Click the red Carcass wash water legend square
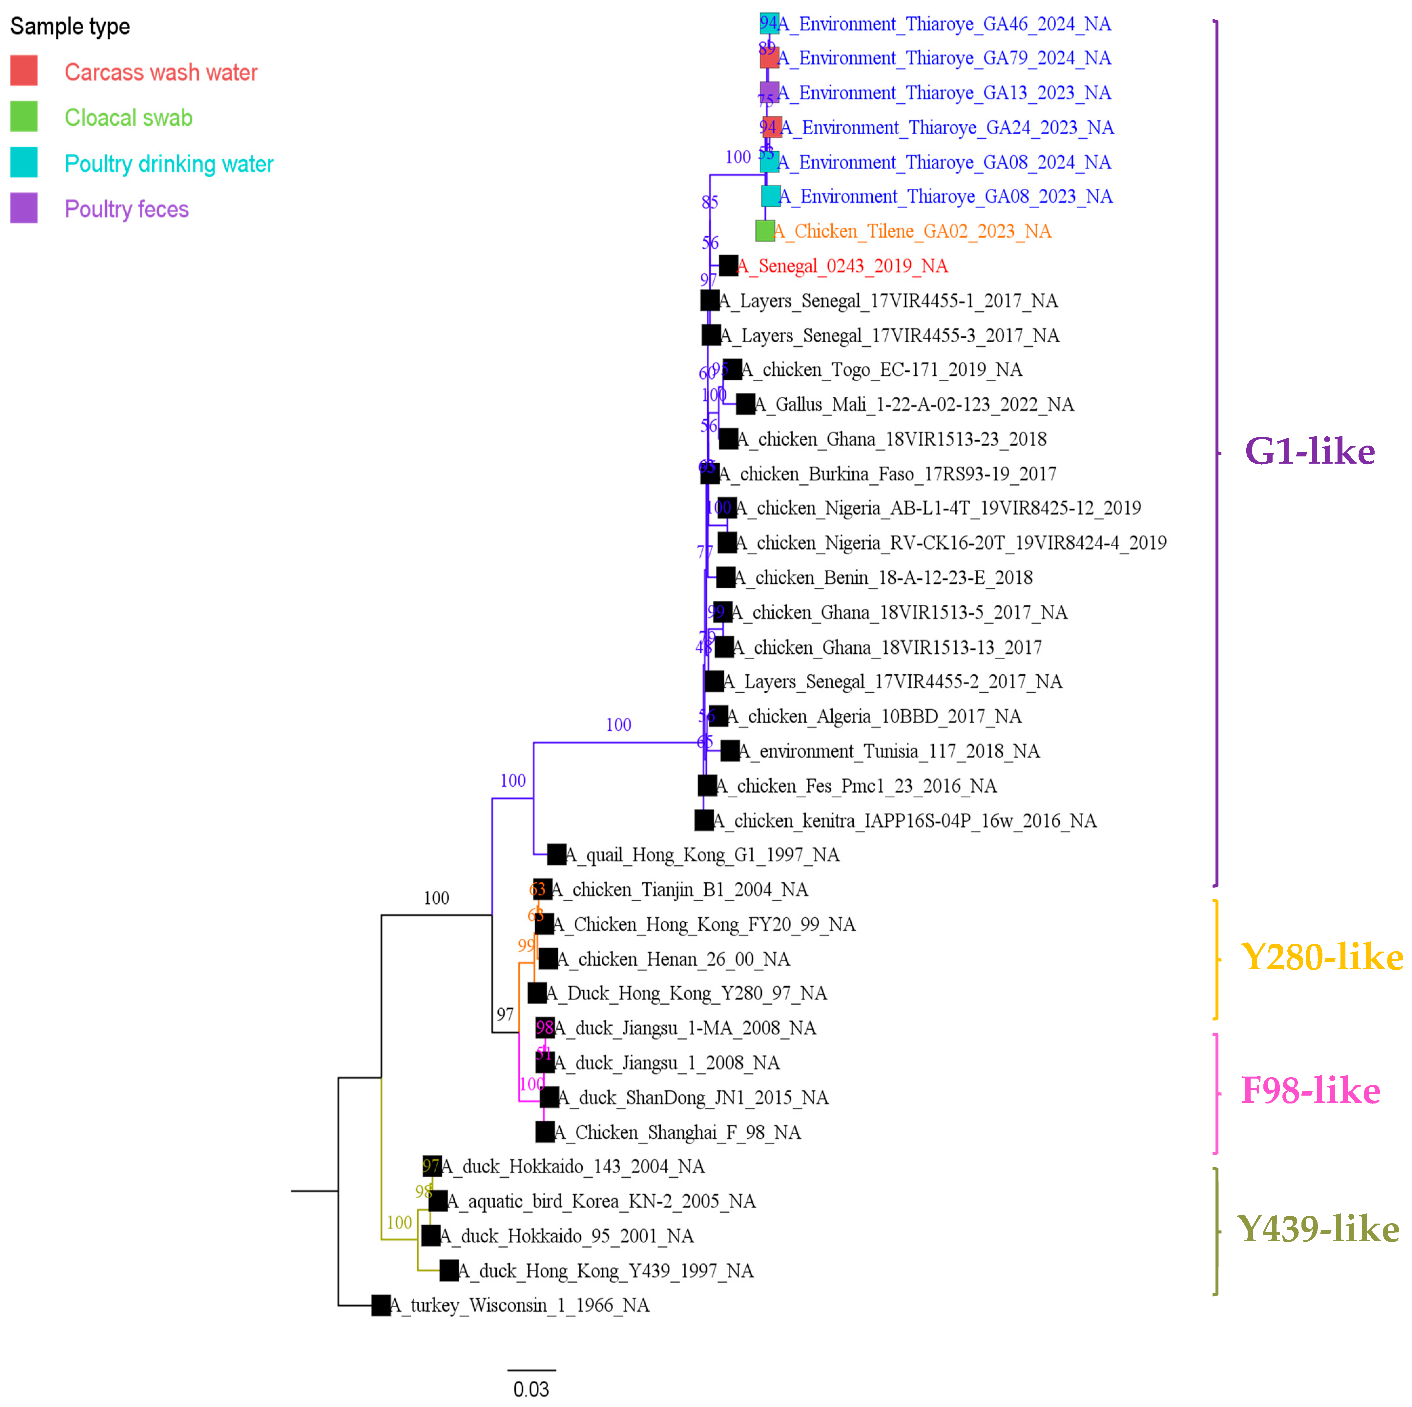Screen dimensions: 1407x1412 coord(24,71)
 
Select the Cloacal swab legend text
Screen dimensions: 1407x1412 coord(129,118)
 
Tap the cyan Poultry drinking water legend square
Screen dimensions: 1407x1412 coord(24,162)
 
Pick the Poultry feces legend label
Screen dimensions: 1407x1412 coord(126,209)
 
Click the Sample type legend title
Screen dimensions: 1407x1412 coord(70,26)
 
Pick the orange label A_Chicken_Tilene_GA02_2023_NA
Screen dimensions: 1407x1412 coord(912,232)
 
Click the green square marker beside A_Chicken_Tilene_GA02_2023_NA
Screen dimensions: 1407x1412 coord(764,231)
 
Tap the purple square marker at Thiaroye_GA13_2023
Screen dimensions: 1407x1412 coord(769,92)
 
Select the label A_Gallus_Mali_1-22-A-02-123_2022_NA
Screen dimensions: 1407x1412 coord(914,404)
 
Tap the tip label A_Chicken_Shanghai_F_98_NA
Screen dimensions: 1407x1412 coord(677,1132)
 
